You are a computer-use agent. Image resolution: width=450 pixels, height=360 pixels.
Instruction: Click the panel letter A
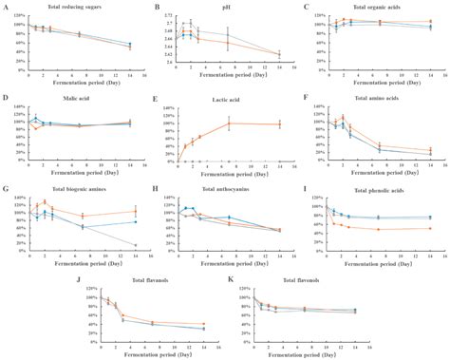click(6, 8)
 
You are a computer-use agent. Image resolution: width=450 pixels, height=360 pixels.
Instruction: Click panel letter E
click(155, 98)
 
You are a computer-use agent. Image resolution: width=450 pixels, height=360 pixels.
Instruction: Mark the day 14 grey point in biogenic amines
click(135, 245)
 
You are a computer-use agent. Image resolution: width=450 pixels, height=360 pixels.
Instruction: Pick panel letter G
click(6, 187)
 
